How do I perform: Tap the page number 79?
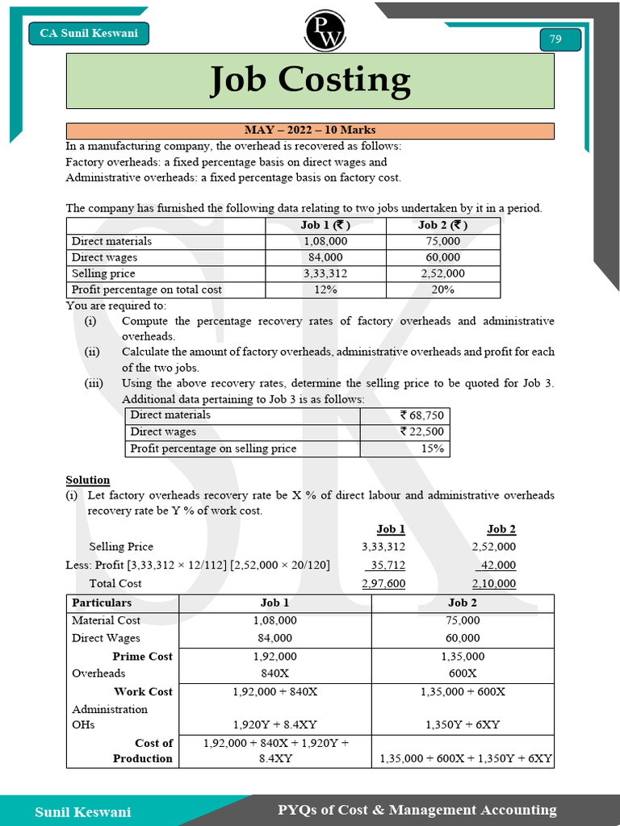click(555, 40)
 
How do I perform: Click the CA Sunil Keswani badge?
click(89, 33)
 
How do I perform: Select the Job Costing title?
click(310, 81)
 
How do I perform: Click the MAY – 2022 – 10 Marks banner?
click(310, 131)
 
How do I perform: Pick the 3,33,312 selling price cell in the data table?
click(325, 273)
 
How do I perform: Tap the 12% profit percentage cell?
click(325, 290)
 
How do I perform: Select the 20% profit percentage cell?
click(443, 290)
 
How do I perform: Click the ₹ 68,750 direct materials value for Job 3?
click(421, 415)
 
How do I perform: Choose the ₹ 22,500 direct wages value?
click(421, 432)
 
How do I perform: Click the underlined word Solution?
click(88, 480)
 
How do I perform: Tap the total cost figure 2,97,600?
click(383, 583)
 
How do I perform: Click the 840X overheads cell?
click(275, 674)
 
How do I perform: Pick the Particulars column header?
click(102, 603)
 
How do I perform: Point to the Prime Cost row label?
click(142, 657)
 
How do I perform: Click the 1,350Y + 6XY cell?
click(463, 724)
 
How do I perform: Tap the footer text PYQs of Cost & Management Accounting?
click(417, 810)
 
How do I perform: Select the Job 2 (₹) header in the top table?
click(443, 225)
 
